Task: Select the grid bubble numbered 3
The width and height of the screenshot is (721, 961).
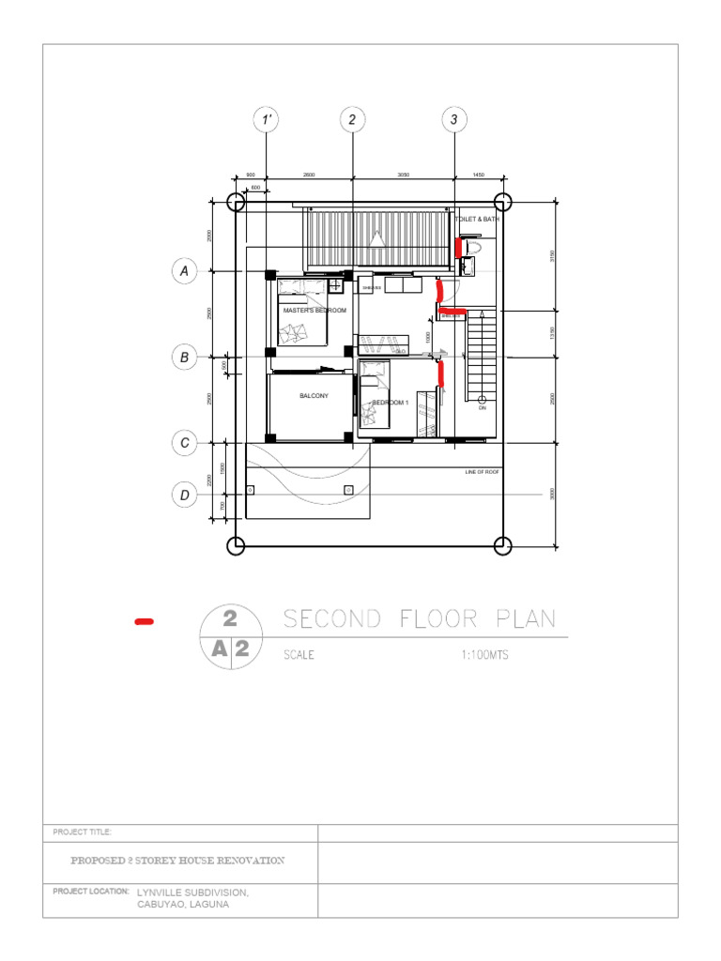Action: point(454,120)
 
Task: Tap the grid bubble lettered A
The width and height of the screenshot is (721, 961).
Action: point(185,272)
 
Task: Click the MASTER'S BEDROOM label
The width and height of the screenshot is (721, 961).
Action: point(314,311)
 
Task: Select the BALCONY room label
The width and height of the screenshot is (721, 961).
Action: point(314,396)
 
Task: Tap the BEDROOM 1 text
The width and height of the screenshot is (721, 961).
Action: point(391,403)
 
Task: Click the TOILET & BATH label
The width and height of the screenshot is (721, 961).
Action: point(478,219)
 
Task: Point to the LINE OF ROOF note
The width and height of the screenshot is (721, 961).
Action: point(483,472)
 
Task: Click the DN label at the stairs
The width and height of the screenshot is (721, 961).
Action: point(483,408)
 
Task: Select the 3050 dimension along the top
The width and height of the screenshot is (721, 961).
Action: point(403,175)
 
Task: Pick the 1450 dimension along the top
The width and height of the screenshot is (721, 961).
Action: point(478,175)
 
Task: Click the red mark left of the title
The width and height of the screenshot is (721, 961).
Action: point(145,621)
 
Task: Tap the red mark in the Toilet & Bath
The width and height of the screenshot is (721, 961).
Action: point(458,248)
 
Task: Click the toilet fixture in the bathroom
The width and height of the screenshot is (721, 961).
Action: point(472,247)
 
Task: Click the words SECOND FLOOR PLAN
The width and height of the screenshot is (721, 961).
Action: point(419,619)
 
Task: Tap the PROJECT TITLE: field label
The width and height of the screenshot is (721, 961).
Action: point(83,832)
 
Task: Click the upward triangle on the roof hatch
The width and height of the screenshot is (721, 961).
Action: point(377,238)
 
